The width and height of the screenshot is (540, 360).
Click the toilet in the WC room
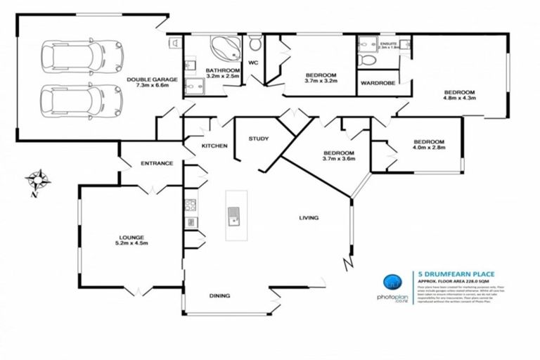point(255,45)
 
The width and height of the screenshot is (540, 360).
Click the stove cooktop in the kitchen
point(190,205)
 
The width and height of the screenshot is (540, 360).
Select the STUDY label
point(258,139)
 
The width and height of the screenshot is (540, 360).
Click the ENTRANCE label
point(156,163)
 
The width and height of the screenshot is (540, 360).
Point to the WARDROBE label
point(377,83)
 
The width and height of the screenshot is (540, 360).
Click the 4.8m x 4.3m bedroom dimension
point(459,98)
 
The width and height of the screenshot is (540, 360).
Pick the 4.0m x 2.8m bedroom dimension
point(428,148)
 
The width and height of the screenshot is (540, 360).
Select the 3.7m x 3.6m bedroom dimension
point(338,159)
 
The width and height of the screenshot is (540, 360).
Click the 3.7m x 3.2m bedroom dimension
point(321,82)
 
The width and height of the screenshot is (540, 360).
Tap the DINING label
point(219,296)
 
